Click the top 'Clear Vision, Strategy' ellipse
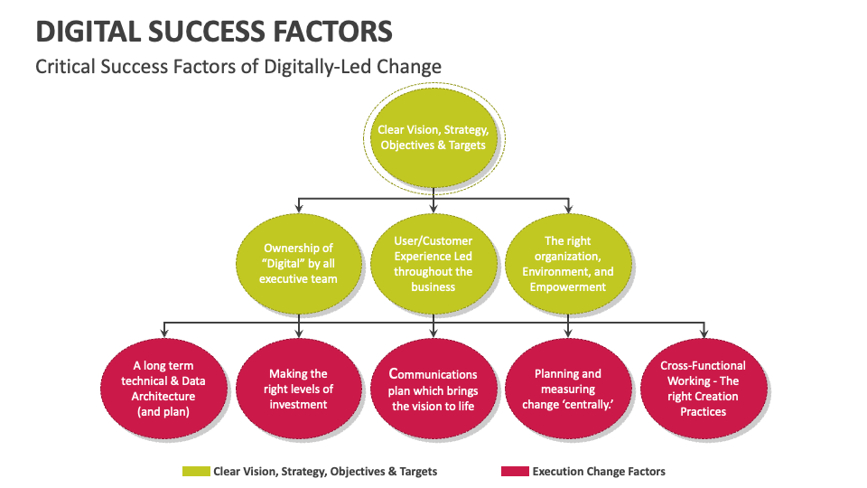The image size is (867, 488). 433,137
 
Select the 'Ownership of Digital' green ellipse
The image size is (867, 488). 298,263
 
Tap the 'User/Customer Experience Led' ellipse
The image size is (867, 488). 433,263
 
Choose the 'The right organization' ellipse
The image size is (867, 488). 567,263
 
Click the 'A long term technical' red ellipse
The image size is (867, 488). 163,389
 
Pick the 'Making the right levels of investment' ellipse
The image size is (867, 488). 298,389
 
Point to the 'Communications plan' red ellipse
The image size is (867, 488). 433,389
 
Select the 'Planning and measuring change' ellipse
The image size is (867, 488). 567,389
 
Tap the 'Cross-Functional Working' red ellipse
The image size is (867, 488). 703,389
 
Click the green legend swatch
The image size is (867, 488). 196,472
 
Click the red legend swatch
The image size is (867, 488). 515,472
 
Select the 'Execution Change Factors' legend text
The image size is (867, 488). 599,472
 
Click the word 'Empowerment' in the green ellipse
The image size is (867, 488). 567,286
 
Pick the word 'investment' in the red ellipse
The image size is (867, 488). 298,404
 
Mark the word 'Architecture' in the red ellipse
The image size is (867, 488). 163,396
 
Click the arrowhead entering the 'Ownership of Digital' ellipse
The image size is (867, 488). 299,212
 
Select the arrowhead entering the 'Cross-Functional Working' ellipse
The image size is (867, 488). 703,336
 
